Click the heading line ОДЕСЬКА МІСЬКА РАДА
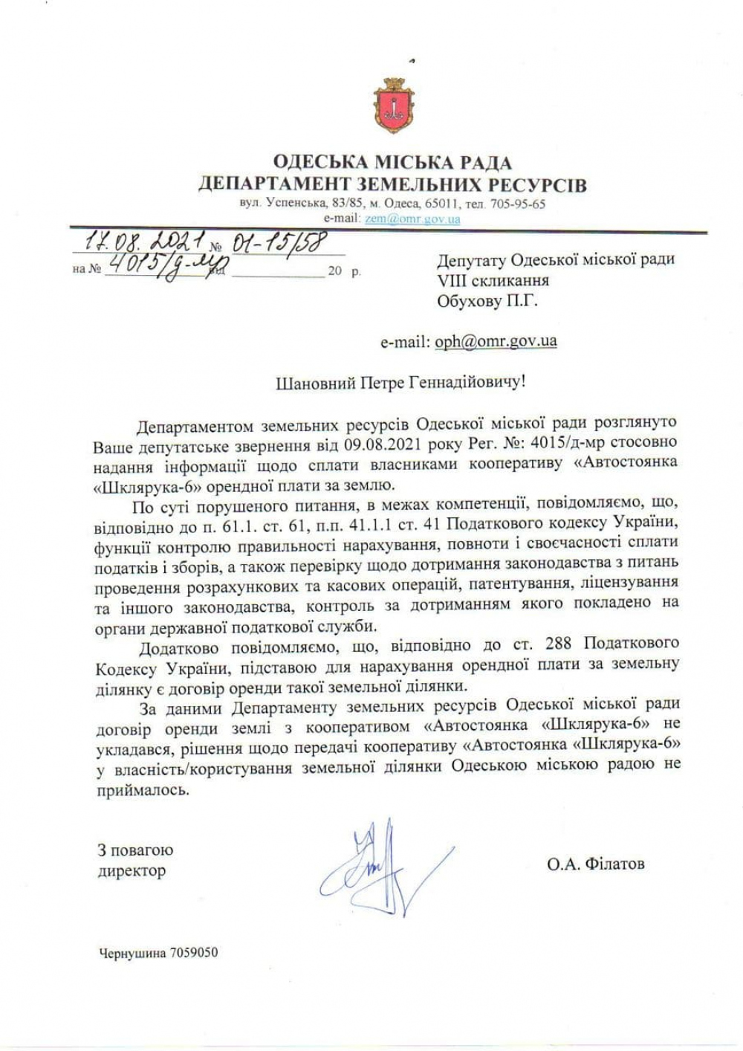click(392, 162)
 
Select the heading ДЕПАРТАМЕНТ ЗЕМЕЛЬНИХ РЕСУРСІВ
click(392, 184)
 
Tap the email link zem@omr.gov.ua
click(412, 219)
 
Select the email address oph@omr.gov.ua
click(496, 341)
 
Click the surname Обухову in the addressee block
click(467, 301)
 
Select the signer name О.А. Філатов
click(596, 864)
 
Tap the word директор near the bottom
click(132, 870)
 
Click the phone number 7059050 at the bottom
click(194, 952)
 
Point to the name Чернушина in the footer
click(132, 952)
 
